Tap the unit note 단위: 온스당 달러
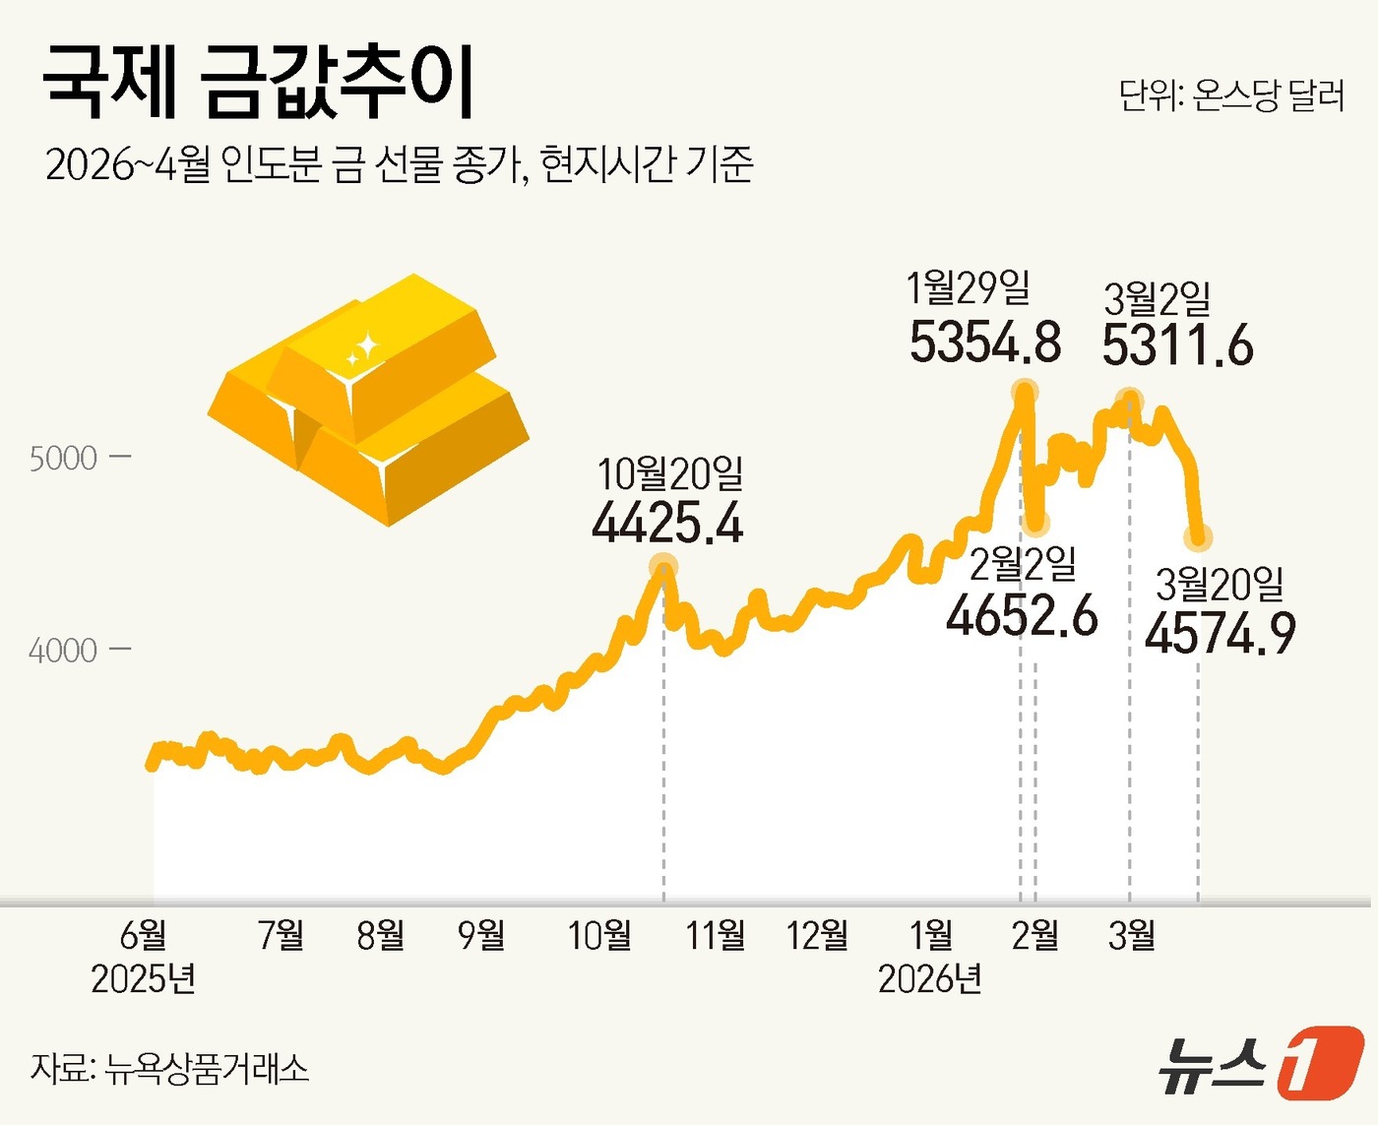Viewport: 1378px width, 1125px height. pyautogui.click(x=1231, y=95)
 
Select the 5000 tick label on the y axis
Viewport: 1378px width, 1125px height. pyautogui.click(x=63, y=459)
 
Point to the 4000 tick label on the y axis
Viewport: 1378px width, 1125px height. pyautogui.click(x=63, y=651)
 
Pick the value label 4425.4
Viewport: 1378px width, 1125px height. pyautogui.click(x=667, y=523)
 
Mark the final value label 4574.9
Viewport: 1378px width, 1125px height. pyautogui.click(x=1221, y=633)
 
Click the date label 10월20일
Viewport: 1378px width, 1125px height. pyautogui.click(x=670, y=473)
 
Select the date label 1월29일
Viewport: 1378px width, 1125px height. pyautogui.click(x=968, y=288)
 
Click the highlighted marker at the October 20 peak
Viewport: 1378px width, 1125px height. pyautogui.click(x=664, y=566)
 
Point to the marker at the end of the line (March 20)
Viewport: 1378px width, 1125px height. pyautogui.click(x=1199, y=537)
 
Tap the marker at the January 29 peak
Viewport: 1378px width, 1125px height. pyautogui.click(x=1025, y=390)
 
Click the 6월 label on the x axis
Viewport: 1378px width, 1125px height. pyautogui.click(x=143, y=934)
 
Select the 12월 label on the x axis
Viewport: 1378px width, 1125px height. pyautogui.click(x=817, y=934)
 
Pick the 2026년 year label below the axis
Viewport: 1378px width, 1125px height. pyautogui.click(x=929, y=979)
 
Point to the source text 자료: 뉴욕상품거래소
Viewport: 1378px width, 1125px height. pyautogui.click(x=169, y=1068)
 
